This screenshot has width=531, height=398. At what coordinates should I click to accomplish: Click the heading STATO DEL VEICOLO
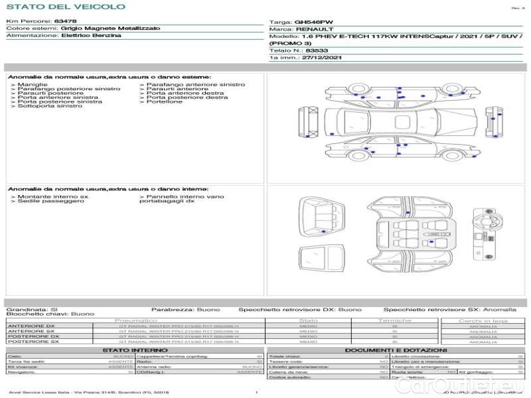click(66, 7)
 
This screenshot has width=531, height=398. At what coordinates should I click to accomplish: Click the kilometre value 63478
click(65, 22)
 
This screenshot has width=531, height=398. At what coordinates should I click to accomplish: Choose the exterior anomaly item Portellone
click(164, 101)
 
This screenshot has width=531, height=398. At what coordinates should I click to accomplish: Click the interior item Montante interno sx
click(52, 197)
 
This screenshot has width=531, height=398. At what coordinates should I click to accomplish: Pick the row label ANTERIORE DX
click(31, 326)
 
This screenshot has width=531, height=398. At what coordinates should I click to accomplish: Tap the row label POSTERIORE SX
click(32, 342)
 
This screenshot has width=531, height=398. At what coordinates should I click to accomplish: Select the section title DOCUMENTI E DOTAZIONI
click(396, 350)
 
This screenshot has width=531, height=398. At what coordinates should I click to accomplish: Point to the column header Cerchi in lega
click(483, 320)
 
